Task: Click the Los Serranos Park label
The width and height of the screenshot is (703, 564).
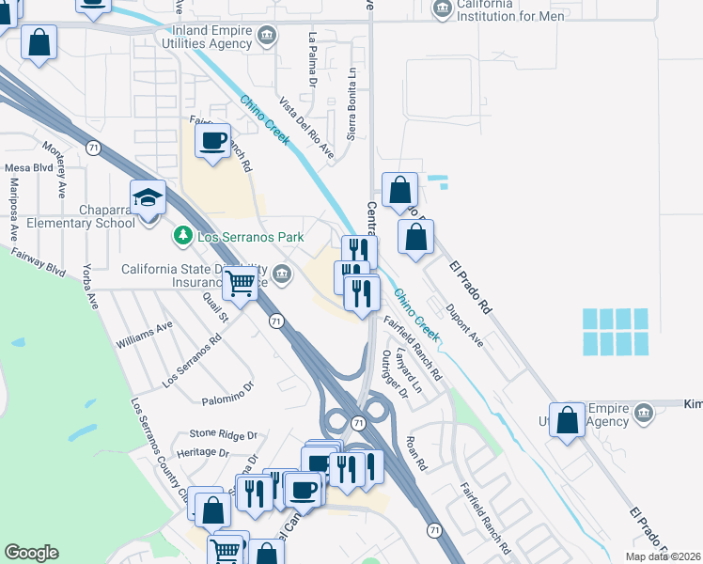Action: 250,237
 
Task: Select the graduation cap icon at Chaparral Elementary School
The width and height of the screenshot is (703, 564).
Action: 148,197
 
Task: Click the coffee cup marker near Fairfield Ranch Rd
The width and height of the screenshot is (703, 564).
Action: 212,141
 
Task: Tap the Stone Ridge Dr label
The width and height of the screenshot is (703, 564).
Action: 223,434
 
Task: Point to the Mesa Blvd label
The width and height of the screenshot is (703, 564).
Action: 29,167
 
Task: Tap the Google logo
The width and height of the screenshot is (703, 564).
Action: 31,553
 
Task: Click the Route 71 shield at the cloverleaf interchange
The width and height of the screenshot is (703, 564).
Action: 358,424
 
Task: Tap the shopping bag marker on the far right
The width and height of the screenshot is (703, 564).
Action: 567,421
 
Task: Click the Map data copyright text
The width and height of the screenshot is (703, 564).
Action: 663,556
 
